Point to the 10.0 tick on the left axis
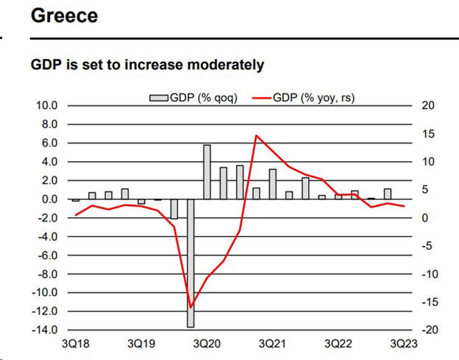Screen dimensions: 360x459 (x=46, y=106)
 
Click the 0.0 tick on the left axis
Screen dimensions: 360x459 (x=49, y=200)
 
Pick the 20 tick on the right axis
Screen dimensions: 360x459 (x=429, y=106)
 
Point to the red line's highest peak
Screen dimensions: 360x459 (x=256, y=135)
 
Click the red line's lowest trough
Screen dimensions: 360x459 (x=191, y=307)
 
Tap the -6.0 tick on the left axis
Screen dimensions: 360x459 (x=46, y=255)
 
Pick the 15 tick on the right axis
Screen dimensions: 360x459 (x=429, y=134)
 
